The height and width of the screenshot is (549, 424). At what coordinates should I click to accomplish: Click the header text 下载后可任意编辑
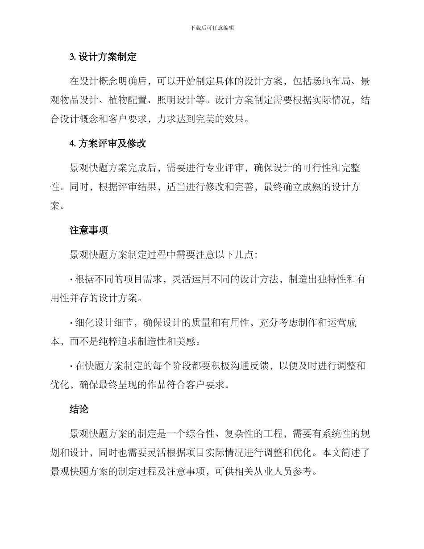point(212,28)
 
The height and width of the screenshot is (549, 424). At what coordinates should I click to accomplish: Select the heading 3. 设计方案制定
point(103,57)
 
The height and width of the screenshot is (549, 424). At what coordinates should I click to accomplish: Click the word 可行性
point(312,168)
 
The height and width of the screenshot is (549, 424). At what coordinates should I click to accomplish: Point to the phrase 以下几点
point(232,254)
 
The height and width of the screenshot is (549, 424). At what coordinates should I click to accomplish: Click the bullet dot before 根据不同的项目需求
point(71,279)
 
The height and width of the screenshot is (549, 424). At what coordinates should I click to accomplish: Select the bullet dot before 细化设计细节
point(71,323)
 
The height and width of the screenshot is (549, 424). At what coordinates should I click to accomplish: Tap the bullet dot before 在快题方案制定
point(71,366)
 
